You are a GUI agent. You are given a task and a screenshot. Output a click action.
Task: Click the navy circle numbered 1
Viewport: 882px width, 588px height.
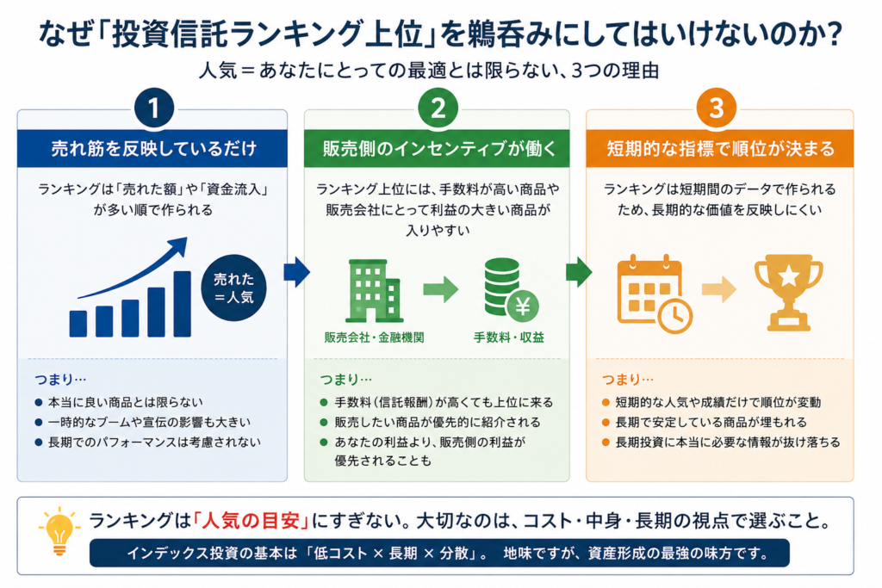click(153, 108)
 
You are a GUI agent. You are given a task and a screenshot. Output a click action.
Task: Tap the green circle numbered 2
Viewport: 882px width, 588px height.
click(438, 108)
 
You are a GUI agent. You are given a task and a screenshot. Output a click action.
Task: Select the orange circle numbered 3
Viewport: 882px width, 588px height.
click(716, 108)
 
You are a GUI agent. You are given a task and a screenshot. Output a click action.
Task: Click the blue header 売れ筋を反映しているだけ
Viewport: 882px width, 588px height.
click(152, 148)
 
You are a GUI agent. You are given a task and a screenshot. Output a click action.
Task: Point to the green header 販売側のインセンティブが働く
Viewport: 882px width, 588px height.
click(437, 148)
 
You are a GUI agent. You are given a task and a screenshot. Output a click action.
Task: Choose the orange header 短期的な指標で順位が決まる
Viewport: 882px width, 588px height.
click(720, 148)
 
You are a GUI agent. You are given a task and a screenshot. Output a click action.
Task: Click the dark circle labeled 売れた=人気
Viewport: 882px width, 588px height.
click(233, 288)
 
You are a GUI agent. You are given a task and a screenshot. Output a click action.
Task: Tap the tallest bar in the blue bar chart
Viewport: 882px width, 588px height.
click(183, 304)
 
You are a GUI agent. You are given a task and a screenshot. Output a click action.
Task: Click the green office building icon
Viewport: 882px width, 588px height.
click(374, 291)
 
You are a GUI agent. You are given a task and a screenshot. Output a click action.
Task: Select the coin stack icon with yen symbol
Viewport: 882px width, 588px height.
click(511, 288)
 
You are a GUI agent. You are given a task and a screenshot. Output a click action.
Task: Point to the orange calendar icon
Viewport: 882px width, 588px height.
click(655, 294)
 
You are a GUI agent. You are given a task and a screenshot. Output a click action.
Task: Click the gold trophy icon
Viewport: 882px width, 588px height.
click(789, 293)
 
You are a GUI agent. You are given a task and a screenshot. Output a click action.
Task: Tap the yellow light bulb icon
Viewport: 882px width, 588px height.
click(59, 531)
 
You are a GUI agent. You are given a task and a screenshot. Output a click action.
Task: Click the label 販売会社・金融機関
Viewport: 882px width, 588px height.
click(374, 337)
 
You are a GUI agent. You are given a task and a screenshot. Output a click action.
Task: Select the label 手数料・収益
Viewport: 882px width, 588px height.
click(508, 337)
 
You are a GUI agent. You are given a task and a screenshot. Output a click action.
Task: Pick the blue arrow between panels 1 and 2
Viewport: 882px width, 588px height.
click(296, 272)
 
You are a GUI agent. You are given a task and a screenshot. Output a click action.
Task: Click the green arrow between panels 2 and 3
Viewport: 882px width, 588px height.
click(579, 272)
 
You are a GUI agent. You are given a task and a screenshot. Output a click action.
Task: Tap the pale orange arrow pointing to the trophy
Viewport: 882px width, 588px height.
click(719, 289)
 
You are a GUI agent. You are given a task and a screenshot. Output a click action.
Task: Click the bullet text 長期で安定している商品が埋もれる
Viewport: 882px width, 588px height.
click(711, 422)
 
